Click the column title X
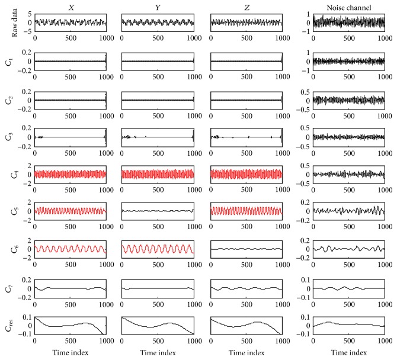(x=70, y=7)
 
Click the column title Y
(x=158, y=7)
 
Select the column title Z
(x=245, y=7)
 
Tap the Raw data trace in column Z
(x=245, y=22)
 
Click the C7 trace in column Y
(x=158, y=288)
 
